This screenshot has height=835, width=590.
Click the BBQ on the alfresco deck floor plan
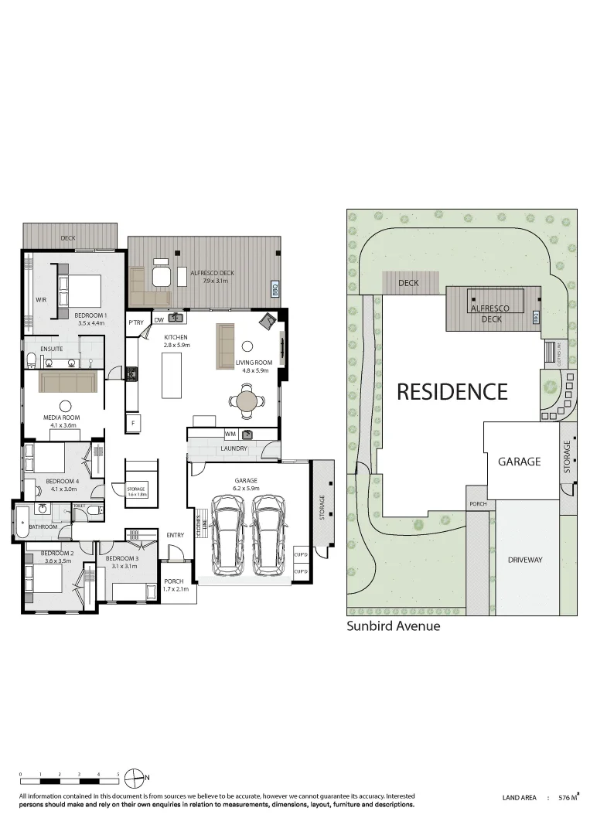275,290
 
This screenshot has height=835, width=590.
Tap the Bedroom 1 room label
90,315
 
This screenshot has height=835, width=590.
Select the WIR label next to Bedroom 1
41,299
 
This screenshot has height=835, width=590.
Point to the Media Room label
61,417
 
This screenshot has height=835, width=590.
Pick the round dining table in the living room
247,400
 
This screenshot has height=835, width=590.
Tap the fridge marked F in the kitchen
133,423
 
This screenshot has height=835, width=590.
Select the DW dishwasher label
159,319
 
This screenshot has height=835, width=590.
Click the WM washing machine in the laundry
230,435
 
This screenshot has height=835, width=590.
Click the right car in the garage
269,535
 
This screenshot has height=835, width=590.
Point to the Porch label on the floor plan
174,581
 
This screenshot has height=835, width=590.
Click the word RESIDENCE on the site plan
452,392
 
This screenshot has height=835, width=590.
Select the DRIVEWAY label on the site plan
526,559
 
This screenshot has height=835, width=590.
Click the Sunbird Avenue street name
393,626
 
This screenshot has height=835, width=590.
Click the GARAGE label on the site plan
519,462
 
